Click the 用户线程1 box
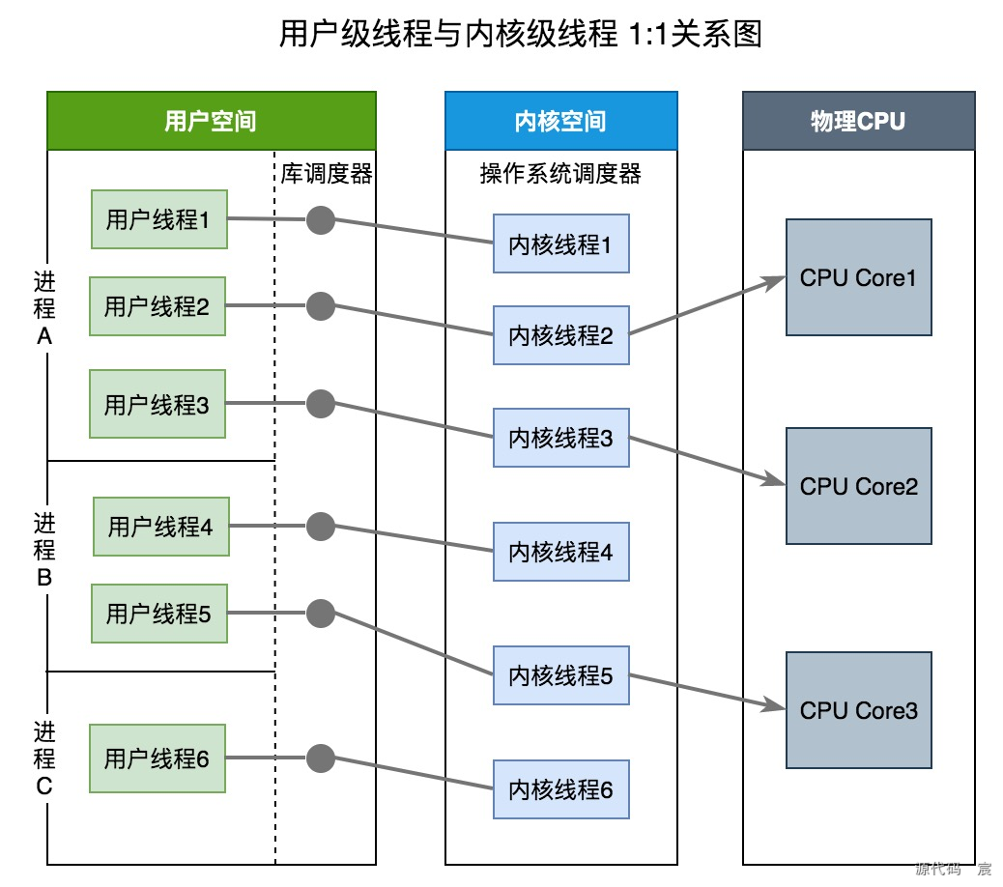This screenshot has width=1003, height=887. point(158,219)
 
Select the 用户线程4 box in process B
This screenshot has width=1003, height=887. point(161,527)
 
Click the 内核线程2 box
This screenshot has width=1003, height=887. point(560,336)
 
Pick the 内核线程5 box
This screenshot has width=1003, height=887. point(560,676)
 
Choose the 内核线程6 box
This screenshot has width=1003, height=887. point(560,789)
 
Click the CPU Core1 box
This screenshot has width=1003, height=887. point(858,277)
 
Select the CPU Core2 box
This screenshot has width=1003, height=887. point(858,486)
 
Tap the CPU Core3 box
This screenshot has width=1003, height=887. point(858,710)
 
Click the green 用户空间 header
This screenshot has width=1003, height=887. point(211,121)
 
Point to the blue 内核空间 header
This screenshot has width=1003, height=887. point(560,121)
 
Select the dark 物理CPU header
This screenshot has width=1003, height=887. point(858,121)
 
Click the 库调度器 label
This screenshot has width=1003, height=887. point(327,174)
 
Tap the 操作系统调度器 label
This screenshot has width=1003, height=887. point(560,174)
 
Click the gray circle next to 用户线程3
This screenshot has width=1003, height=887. point(320,403)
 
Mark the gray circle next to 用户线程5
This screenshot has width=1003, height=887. point(320,613)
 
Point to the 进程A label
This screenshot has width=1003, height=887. point(44,309)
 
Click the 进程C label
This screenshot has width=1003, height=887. point(44,758)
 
